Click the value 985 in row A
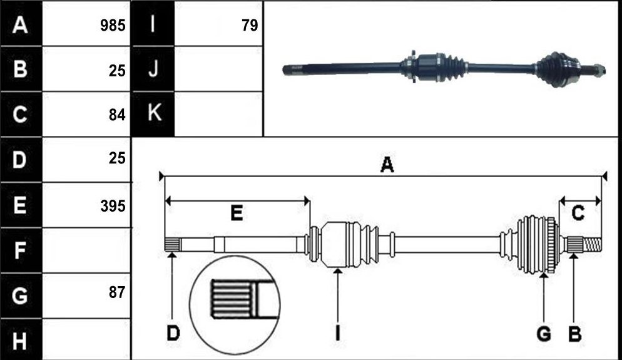coord(113,26)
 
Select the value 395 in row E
coord(113,207)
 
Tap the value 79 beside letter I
coord(250,26)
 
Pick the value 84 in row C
coord(117,115)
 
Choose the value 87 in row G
coord(117,292)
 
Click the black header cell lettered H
coord(21,340)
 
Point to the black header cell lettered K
coord(153,114)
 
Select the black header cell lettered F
coord(21,250)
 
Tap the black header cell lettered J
coord(153,69)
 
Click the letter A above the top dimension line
coord(387,164)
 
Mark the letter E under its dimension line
coord(237,213)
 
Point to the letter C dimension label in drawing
coord(578,213)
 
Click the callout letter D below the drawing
coord(173,333)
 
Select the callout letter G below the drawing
coord(544,334)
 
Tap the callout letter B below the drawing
coord(575,334)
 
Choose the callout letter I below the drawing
coord(337,333)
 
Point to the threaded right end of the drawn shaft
coord(592,244)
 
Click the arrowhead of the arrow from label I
coord(337,272)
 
